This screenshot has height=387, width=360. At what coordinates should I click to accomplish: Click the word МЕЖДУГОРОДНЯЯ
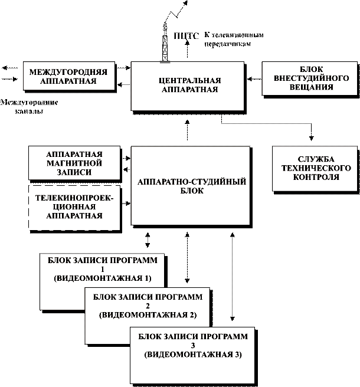pyautogui.click(x=68, y=72)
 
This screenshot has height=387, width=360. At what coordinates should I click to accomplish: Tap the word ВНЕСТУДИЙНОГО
pyautogui.click(x=312, y=78)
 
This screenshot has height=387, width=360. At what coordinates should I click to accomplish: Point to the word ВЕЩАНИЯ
pyautogui.click(x=312, y=87)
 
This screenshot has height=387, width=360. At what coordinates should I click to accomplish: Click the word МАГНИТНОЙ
pyautogui.click(x=74, y=163)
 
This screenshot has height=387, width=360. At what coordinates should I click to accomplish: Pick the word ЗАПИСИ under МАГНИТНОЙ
pyautogui.click(x=74, y=172)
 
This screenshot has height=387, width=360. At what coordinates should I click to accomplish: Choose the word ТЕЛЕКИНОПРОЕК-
pyautogui.click(x=74, y=198)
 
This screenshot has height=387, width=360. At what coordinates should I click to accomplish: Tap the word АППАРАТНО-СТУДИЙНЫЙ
pyautogui.click(x=191, y=182)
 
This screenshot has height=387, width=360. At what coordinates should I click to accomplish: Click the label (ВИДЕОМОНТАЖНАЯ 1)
pyautogui.click(x=102, y=278)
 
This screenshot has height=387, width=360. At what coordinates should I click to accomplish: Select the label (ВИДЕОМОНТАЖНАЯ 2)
pyautogui.click(x=148, y=315)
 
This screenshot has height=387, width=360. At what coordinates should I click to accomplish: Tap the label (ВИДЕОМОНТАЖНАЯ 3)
pyautogui.click(x=193, y=355)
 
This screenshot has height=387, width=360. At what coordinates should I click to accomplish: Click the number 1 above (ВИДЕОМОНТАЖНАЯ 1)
pyautogui.click(x=102, y=269)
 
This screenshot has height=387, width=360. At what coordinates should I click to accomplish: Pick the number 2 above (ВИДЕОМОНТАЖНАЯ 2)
pyautogui.click(x=148, y=306)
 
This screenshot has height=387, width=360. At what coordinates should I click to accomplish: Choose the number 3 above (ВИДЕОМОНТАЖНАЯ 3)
pyautogui.click(x=193, y=346)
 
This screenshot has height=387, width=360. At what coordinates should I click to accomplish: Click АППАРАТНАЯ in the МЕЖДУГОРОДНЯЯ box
pyautogui.click(x=68, y=81)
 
